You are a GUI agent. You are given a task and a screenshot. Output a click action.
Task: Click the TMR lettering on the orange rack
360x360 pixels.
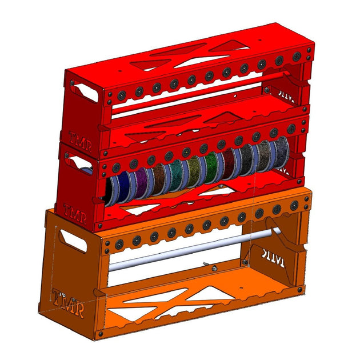pos(68,303)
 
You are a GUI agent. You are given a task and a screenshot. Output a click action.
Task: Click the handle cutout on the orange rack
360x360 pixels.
pos(71,242)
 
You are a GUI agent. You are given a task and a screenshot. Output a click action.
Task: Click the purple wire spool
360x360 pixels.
pos(141,182)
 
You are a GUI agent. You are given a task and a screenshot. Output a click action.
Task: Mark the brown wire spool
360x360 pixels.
pos(158,178)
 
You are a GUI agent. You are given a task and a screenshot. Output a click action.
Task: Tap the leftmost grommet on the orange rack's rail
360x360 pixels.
pos(107,247)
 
